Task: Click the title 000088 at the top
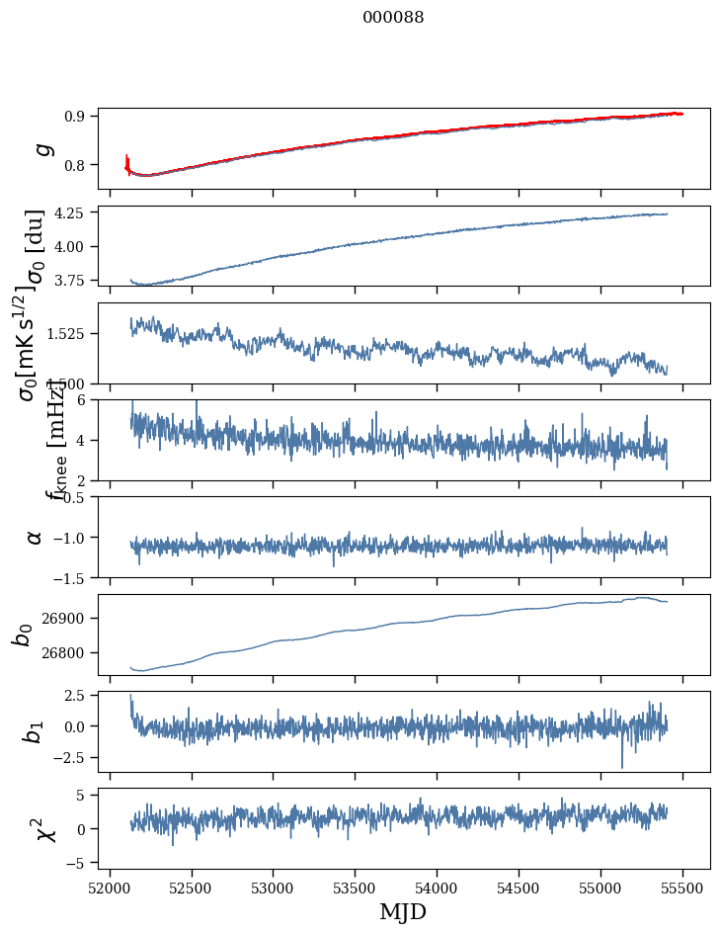coord(393,17)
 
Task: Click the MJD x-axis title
coord(403,911)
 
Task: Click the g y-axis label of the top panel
coord(42,148)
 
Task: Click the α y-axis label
coord(36,537)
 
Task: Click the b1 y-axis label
coord(36,731)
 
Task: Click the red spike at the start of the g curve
coord(127,160)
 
